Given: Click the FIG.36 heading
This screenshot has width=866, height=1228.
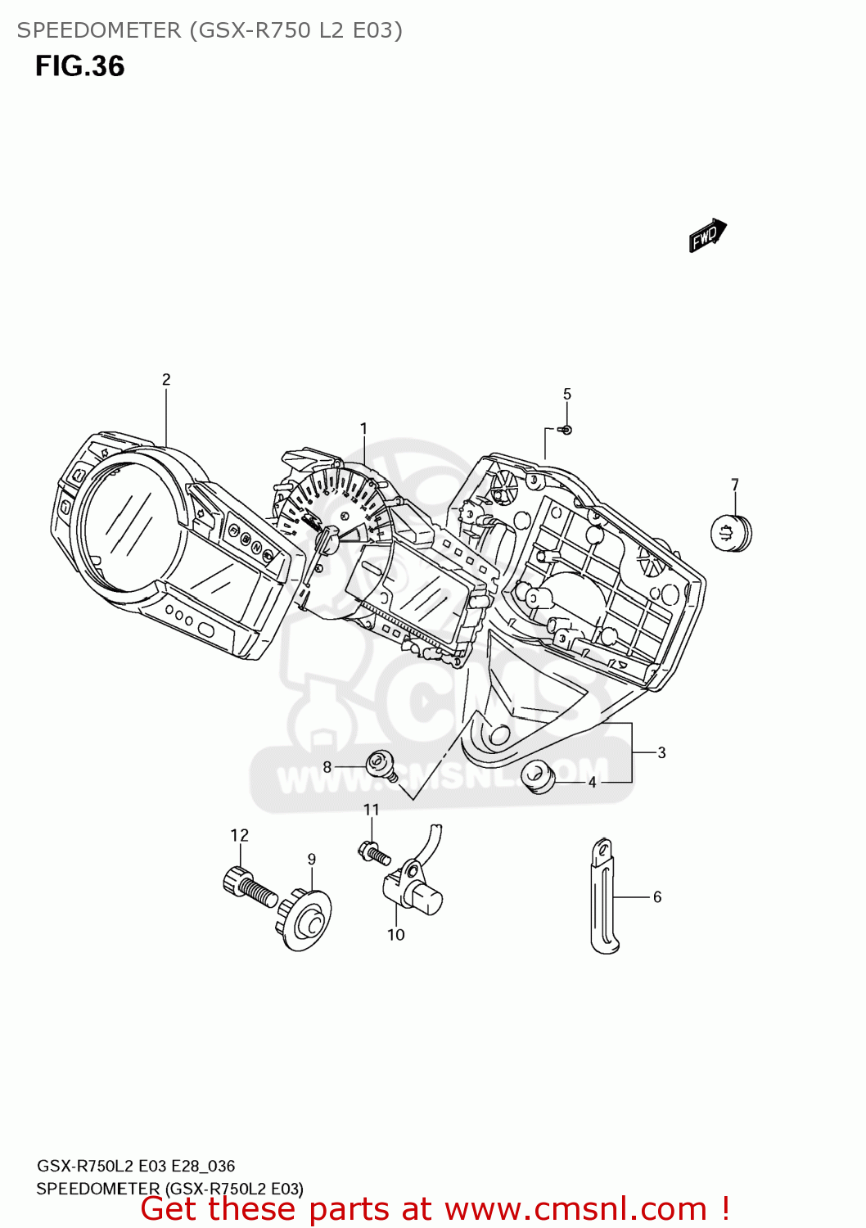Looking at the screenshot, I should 79,66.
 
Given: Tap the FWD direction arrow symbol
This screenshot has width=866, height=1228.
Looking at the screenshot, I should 706,236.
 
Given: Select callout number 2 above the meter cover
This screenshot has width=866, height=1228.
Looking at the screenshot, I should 166,380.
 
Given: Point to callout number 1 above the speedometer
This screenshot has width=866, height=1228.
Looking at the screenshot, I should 363,429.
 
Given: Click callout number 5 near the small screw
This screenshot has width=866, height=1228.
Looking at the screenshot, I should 567,395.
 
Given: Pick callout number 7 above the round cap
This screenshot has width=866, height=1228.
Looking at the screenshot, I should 735,485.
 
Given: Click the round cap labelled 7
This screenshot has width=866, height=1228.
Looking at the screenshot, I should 731,533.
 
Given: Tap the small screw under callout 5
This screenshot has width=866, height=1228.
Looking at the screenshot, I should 566,430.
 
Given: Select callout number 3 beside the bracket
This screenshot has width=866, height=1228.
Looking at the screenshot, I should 661,753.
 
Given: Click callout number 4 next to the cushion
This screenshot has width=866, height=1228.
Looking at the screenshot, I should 593,783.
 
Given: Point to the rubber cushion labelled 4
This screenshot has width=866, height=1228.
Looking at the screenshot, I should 538,775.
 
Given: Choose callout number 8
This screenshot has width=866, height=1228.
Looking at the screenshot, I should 327,767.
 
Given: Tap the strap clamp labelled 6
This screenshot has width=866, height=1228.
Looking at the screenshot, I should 603,897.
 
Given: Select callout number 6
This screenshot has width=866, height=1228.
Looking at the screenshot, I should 657,897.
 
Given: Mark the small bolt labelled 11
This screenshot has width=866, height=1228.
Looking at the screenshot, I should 374,853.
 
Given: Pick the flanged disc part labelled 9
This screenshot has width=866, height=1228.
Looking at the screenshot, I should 306,921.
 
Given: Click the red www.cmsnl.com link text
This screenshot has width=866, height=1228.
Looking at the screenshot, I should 575,1209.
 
